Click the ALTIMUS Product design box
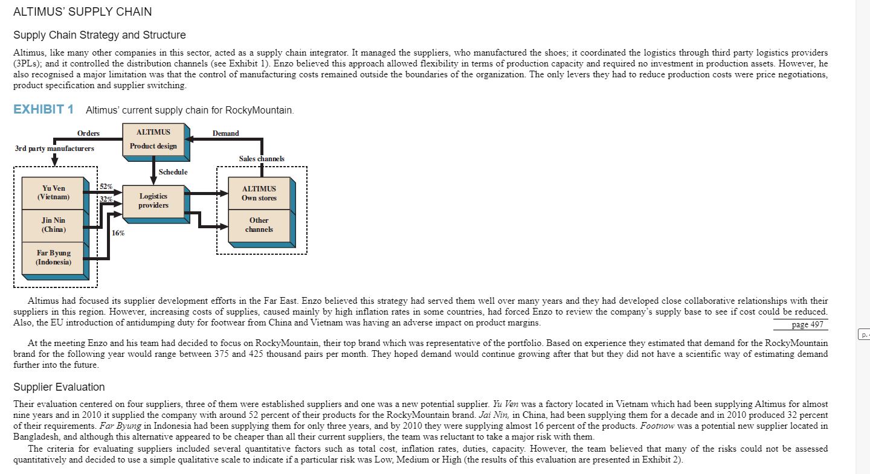pos(153,139)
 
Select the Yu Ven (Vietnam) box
pos(53,193)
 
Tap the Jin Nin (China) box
pos(53,225)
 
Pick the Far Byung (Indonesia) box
pos(53,257)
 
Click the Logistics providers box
pos(153,200)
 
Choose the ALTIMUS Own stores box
pos(259,193)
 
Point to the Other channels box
pos(259,225)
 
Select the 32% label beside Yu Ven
pos(106,199)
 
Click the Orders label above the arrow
pos(88,133)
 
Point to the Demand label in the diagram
pos(225,133)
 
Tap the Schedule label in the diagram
pos(173,172)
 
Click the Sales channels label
pos(262,158)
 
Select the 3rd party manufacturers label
pos(54,148)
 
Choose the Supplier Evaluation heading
pos(59,387)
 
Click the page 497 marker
pos(807,324)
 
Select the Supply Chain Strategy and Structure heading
pos(100,35)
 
